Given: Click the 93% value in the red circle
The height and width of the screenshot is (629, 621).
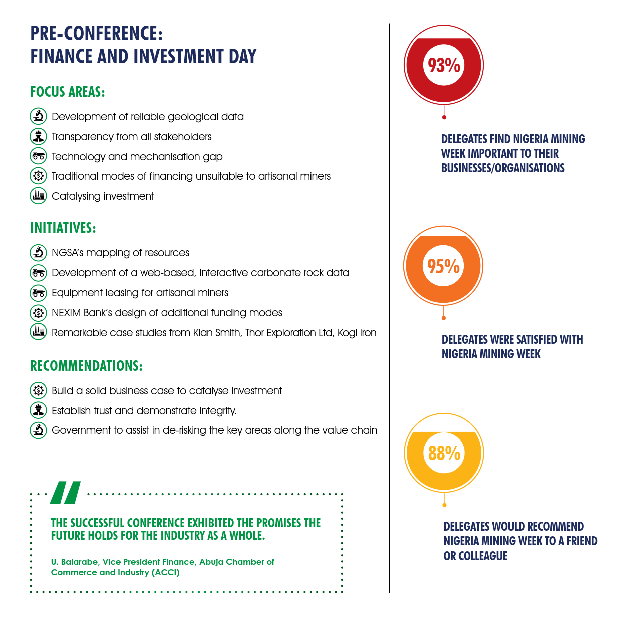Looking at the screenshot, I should pos(444,65).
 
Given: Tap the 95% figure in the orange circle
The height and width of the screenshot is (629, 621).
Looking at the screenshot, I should pos(444,266).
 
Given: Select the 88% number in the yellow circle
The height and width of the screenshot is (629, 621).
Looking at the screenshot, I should pos(444,453).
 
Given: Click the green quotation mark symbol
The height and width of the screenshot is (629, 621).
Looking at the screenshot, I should pos(66,493).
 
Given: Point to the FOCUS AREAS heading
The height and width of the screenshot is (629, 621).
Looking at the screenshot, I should pos(68,92).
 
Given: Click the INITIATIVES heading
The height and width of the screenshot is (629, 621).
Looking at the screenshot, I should pos(63,228).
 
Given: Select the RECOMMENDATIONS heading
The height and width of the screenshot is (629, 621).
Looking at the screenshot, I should pos(87,366).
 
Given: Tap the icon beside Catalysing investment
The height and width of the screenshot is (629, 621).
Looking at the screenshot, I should pos(38,196).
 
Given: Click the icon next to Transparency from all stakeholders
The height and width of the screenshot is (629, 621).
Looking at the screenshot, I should pos(38,136).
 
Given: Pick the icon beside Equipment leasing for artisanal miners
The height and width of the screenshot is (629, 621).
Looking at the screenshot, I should pos(38,293).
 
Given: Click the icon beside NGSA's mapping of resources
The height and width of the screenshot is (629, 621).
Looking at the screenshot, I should pos(38,253).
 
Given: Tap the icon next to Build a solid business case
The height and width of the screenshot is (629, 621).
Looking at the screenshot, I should pos(38,390).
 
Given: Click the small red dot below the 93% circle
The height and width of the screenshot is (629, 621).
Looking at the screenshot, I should pos(444,117).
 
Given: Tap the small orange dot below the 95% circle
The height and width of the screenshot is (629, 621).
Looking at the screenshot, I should pos(444,318).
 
